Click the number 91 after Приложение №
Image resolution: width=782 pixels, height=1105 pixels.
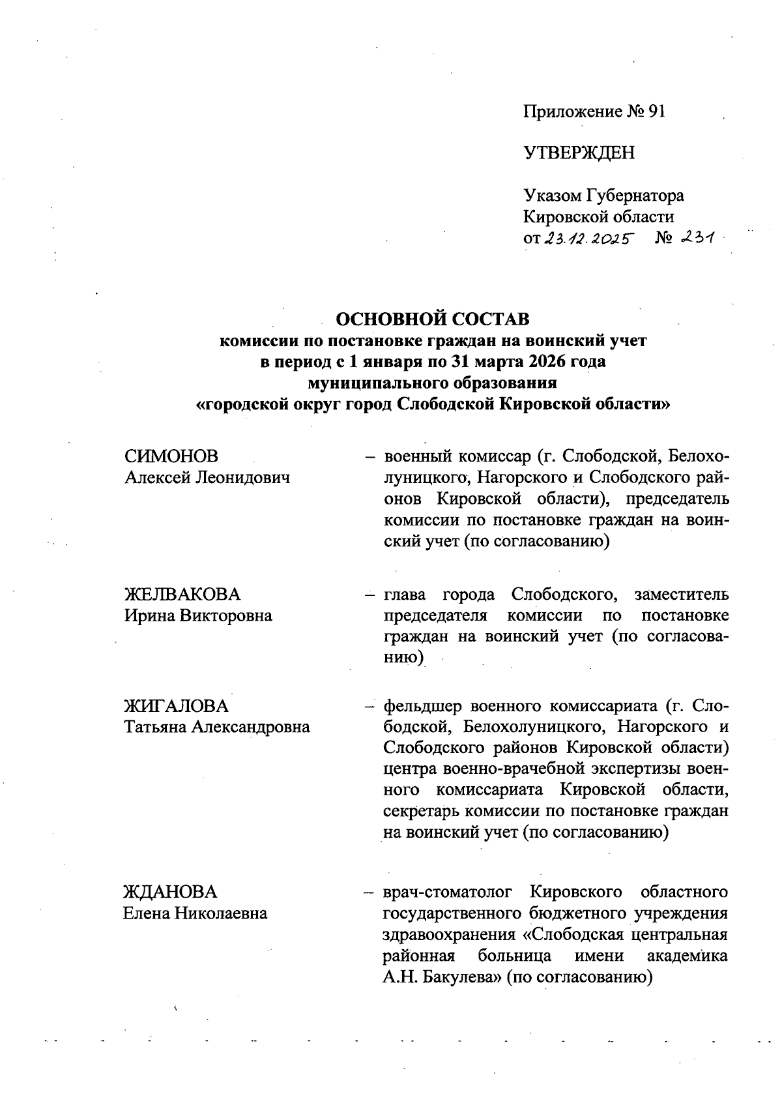(x=656, y=111)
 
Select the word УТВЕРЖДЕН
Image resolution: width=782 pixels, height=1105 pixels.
(x=579, y=153)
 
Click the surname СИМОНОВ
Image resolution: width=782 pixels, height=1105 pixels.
(x=171, y=456)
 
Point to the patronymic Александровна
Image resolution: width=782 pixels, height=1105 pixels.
(x=250, y=727)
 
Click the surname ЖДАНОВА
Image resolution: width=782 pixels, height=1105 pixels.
(x=171, y=892)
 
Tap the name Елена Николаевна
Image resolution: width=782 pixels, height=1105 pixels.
(x=195, y=913)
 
